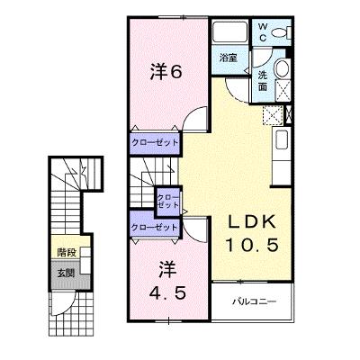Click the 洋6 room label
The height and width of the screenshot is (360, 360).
pyautogui.click(x=166, y=72)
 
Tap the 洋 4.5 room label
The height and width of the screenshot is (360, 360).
pyautogui.click(x=167, y=281)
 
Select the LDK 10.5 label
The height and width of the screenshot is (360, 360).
pyautogui.click(x=251, y=234)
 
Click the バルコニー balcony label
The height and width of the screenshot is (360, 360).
pyautogui.click(x=254, y=301)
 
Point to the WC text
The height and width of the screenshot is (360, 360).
pyautogui.click(x=262, y=32)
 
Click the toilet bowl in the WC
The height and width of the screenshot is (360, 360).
pyautogui.click(x=282, y=32)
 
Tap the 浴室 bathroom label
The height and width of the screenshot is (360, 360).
pyautogui.click(x=228, y=58)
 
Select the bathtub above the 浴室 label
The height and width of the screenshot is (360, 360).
pyautogui.click(x=229, y=32)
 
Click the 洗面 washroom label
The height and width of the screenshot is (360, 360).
pyautogui.click(x=263, y=81)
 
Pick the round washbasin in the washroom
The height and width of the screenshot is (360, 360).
pyautogui.click(x=282, y=67)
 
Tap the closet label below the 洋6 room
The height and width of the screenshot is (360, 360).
pyautogui.click(x=154, y=142)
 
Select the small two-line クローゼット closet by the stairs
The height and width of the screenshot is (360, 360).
pyautogui.click(x=168, y=202)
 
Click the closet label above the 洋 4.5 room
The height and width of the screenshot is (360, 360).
pyautogui.click(x=154, y=227)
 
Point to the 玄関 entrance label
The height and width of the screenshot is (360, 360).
pyautogui.click(x=66, y=273)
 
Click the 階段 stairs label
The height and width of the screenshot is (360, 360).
pyautogui.click(x=67, y=253)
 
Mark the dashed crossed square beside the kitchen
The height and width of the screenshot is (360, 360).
pyautogui.click(x=273, y=115)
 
